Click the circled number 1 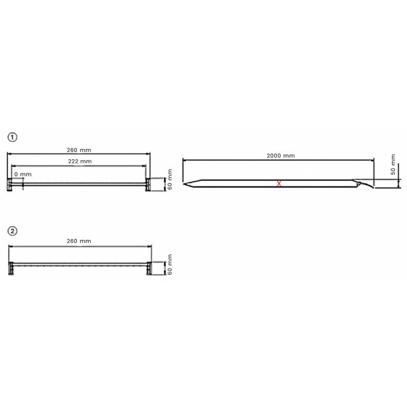pos(12,136)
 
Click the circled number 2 pos(12,230)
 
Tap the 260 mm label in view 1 pos(78,149)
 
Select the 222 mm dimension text pos(79,161)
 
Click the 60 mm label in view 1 pos(169,183)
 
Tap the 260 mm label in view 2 pos(78,241)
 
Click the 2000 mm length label pos(281,155)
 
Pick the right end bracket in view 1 pos(148,183)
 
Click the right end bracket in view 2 pos(148,267)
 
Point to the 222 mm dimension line pos(79,167)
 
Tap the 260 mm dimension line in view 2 pos(79,247)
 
